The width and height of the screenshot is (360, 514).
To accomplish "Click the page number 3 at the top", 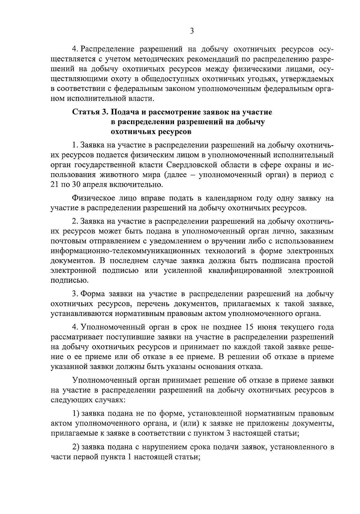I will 192,31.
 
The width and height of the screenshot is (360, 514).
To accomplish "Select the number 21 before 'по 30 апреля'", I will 55,184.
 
